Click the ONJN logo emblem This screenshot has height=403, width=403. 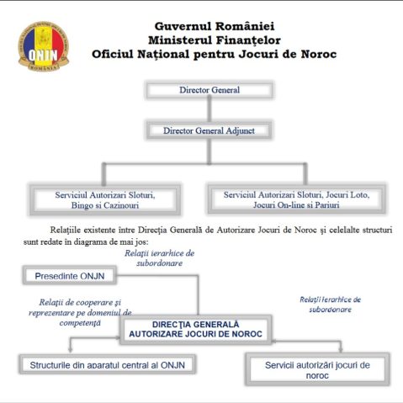coord(44,46)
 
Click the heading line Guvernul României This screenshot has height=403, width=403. coord(215,26)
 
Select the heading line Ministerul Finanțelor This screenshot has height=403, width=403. coord(215,40)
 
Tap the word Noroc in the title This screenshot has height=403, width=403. coord(319,54)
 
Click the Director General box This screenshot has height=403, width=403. coord(209,90)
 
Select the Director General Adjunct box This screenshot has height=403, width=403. coord(209,130)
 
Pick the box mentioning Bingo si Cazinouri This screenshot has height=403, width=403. coord(105,199)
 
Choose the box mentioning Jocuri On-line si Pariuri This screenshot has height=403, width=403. coord(296,199)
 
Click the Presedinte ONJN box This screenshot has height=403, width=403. coord(70,276)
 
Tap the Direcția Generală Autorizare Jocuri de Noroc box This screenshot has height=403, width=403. coord(195,329)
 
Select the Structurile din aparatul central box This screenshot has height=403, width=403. coord(108,365)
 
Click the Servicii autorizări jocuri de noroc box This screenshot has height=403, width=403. coord(317,369)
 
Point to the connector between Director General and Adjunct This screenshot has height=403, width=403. coord(209,110)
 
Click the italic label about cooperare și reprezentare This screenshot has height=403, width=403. coord(80,312)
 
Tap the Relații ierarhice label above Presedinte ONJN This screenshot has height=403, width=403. coord(159,258)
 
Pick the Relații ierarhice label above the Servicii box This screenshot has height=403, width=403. coord(330,305)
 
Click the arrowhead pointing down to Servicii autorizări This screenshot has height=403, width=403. coord(341,350)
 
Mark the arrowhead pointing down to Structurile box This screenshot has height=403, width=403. coord(70,350)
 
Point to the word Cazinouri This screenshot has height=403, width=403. coord(121,205)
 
